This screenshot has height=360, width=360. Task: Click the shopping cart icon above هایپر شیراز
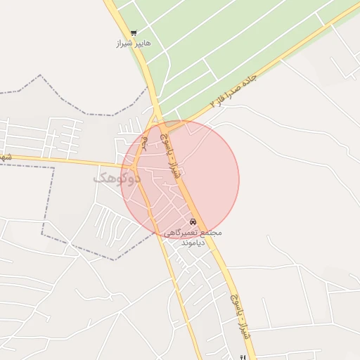click(x=134, y=33)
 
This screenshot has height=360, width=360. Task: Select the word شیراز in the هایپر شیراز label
click(x=124, y=44)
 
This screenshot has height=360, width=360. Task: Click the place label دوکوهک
click(x=111, y=179)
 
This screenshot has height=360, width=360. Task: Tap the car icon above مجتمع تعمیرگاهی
click(x=193, y=222)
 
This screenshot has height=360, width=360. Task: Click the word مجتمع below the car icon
click(x=211, y=233)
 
